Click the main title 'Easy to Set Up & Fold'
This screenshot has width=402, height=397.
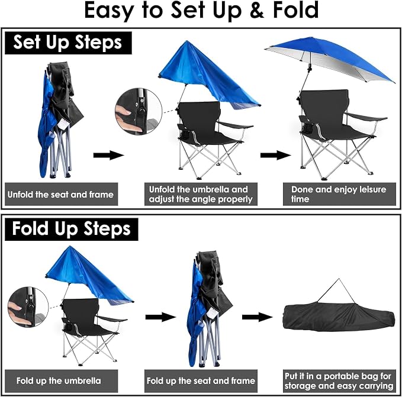click(201, 11)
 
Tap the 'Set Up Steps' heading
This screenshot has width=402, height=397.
click(67, 43)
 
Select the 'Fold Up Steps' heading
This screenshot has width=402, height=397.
click(71, 229)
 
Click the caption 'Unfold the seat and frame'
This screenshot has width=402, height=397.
click(60, 195)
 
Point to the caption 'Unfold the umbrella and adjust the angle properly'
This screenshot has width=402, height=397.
click(201, 194)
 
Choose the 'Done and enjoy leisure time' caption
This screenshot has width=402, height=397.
click(339, 194)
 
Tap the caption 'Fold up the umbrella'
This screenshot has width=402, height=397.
click(59, 380)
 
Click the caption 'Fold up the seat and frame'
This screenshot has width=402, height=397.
click(201, 380)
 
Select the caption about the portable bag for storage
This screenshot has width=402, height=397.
click(339, 380)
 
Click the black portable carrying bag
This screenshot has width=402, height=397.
click(339, 317)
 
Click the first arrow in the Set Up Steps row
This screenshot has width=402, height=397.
click(109, 155)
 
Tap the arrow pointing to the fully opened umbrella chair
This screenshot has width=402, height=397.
click(276, 155)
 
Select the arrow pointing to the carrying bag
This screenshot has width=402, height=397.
click(258, 317)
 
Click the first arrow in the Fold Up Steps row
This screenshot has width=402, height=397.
click(161, 317)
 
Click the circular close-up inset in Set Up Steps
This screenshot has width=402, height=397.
click(139, 111)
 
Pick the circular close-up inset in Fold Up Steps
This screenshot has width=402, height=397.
click(28, 307)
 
